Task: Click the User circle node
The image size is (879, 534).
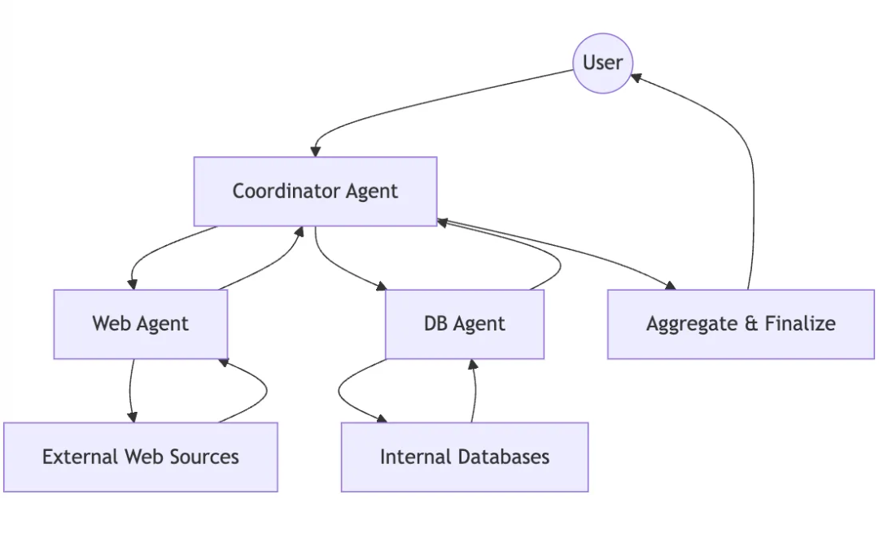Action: coord(602,63)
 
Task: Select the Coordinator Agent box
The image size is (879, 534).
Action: coord(315,191)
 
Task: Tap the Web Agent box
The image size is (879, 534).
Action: coord(140,324)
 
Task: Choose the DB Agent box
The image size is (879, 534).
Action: coord(464,324)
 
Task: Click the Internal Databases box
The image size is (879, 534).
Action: coord(464,457)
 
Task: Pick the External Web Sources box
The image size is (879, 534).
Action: coord(140,457)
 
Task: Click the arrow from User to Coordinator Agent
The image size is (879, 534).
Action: coord(423,102)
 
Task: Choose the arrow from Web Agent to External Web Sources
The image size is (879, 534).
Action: coord(130,391)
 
